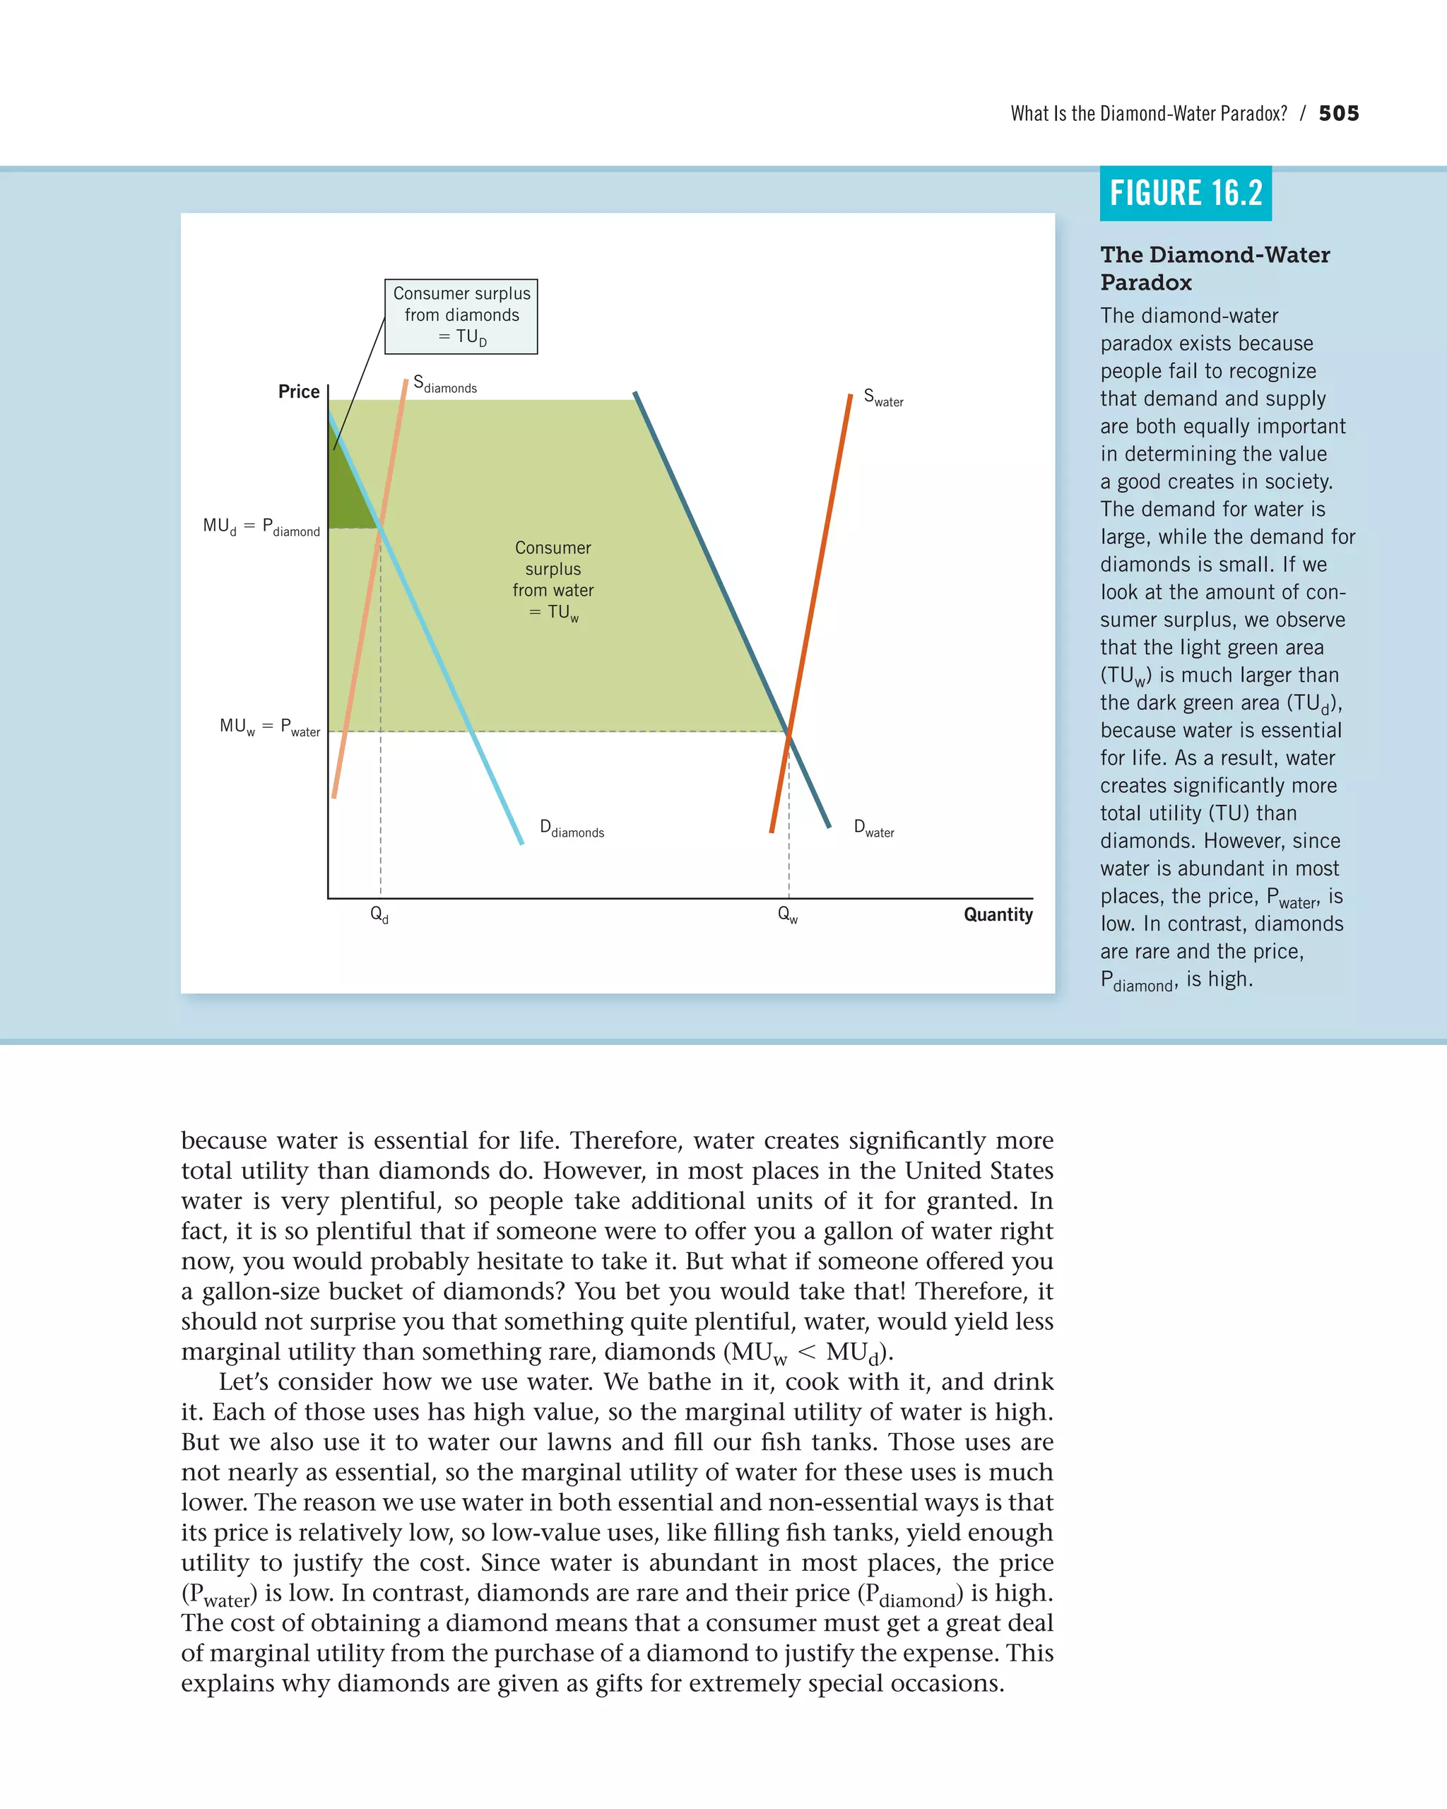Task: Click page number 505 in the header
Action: click(x=1338, y=113)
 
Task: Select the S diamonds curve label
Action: click(x=444, y=385)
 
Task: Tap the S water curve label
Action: click(x=883, y=398)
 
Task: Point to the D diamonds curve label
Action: click(x=572, y=828)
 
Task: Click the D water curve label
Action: click(x=873, y=828)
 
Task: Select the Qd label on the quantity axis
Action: click(x=379, y=914)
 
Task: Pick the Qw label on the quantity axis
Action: click(x=787, y=914)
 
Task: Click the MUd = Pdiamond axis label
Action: click(x=261, y=527)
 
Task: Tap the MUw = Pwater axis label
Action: click(x=269, y=726)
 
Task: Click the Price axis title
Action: click(x=299, y=392)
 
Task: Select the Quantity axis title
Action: click(x=998, y=914)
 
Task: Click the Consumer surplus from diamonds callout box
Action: click(x=461, y=317)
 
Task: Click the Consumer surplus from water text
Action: click(x=553, y=579)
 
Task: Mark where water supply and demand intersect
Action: click(x=789, y=731)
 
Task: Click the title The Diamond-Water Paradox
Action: click(x=1214, y=268)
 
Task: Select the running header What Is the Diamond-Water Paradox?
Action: click(x=1147, y=113)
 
